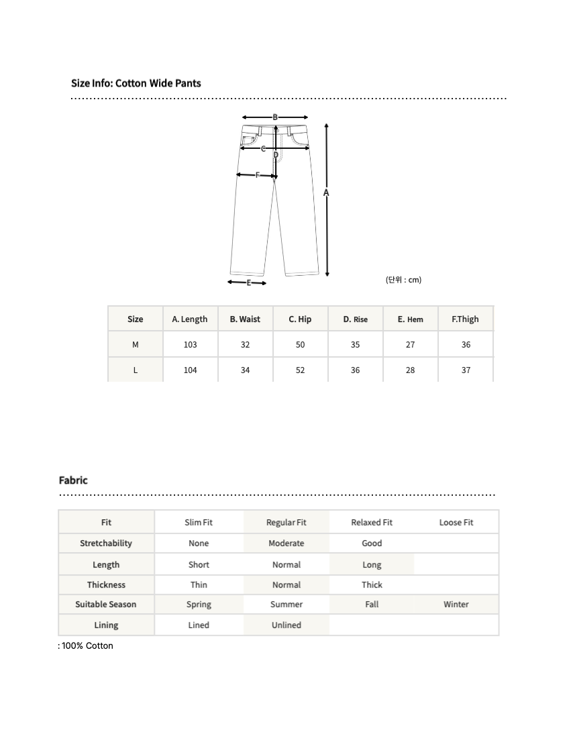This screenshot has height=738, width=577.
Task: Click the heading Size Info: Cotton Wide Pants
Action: (136, 83)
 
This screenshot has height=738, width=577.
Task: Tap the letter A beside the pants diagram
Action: (327, 193)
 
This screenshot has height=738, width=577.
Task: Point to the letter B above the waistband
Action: (275, 117)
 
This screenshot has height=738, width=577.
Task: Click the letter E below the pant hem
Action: (248, 282)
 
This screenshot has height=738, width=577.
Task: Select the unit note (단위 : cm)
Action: (403, 280)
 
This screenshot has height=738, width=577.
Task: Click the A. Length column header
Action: (190, 319)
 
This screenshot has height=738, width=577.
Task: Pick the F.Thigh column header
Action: (466, 319)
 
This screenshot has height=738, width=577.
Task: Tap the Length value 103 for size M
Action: (190, 345)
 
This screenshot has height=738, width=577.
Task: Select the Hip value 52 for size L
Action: (300, 370)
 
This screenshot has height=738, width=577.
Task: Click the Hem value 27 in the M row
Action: (410, 345)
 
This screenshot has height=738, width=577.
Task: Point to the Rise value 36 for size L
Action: (355, 370)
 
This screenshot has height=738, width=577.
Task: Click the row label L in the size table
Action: (136, 370)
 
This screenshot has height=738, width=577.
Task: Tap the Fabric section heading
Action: (73, 480)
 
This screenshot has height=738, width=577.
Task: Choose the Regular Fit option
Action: (286, 523)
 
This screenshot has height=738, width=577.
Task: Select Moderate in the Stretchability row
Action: (286, 543)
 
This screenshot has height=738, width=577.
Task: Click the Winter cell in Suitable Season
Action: (456, 604)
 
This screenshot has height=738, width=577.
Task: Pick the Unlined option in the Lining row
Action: (286, 625)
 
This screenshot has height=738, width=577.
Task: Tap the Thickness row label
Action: (106, 585)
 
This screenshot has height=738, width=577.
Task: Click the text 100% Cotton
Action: (88, 646)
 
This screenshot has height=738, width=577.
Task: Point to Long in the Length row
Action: (372, 565)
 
